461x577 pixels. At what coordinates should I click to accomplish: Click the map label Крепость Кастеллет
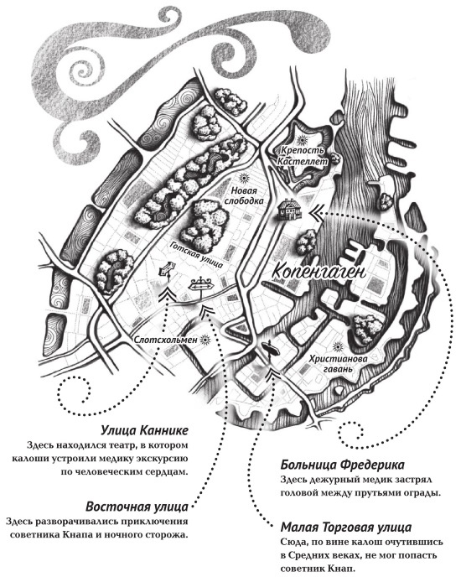click(x=302, y=156)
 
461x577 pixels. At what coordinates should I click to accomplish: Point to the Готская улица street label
click(x=197, y=254)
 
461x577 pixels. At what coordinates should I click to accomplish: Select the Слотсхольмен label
click(x=166, y=340)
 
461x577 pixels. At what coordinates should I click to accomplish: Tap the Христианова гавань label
click(x=333, y=364)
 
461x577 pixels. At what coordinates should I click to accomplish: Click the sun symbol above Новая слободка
click(x=242, y=178)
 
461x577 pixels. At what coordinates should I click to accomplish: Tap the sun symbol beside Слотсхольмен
click(x=205, y=340)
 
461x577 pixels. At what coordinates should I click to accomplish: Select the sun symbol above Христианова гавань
click(x=336, y=346)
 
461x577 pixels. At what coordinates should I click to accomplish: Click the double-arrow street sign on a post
click(x=200, y=285)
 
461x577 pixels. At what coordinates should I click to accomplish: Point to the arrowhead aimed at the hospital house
click(x=316, y=214)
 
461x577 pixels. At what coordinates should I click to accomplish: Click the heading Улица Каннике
click(x=145, y=430)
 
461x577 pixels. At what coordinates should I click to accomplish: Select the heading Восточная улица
click(x=137, y=507)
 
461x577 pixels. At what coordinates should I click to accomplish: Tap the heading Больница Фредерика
click(x=342, y=465)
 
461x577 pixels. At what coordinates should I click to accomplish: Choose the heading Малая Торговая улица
click(x=346, y=528)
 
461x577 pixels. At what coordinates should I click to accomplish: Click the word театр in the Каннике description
click(x=115, y=445)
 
